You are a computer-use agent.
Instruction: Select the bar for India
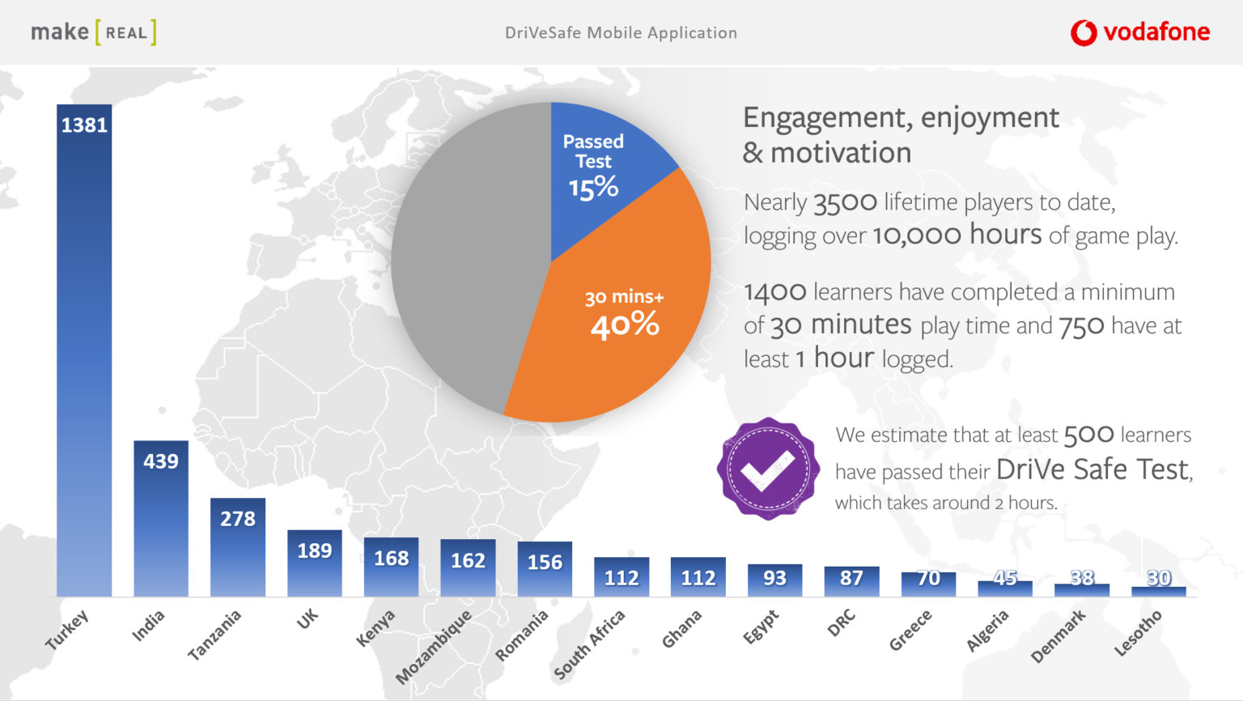161,518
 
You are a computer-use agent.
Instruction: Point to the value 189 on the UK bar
315,551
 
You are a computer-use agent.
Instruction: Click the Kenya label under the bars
375,628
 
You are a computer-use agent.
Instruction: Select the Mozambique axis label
434,647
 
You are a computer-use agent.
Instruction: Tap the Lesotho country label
1138,633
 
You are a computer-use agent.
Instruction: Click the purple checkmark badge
767,469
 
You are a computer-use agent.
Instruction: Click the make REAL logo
93,32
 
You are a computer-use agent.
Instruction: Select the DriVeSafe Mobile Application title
621,33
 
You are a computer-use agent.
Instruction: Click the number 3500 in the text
845,202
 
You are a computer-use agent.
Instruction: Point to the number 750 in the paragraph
1081,326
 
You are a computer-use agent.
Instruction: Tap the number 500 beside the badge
1088,435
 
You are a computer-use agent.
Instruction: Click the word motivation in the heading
841,153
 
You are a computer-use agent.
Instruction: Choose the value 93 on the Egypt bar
774,578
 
